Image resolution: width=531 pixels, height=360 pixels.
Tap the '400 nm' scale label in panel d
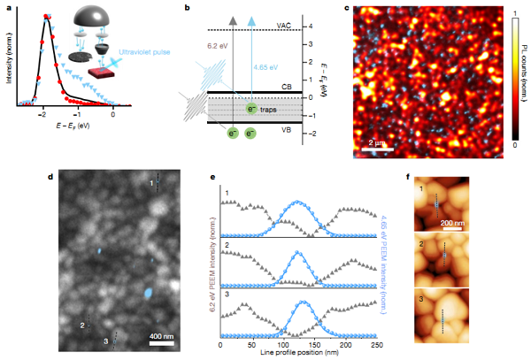coord(159,336)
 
